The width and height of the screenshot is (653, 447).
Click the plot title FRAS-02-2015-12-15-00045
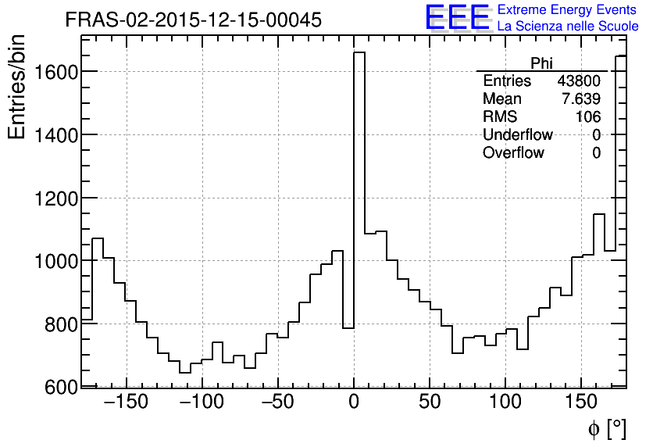pyautogui.click(x=193, y=20)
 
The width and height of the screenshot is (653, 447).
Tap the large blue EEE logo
pyautogui.click(x=457, y=17)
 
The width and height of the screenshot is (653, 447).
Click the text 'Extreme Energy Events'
pyautogui.click(x=568, y=10)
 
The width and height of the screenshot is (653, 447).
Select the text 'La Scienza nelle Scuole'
pyautogui.click(x=568, y=27)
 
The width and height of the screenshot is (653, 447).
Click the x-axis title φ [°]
pyautogui.click(x=606, y=428)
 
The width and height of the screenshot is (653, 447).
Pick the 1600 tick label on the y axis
pyautogui.click(x=54, y=72)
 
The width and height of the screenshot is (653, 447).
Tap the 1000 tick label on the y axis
pyautogui.click(x=54, y=261)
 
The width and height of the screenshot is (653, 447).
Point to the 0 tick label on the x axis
pyautogui.click(x=354, y=403)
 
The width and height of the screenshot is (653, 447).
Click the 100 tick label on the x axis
pyautogui.click(x=506, y=403)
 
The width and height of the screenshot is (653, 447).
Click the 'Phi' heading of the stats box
pyautogui.click(x=541, y=63)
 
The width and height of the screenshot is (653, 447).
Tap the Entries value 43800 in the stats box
pyautogui.click(x=579, y=81)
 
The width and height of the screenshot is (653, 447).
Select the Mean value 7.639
pyautogui.click(x=583, y=99)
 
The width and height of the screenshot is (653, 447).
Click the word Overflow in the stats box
pyautogui.click(x=513, y=153)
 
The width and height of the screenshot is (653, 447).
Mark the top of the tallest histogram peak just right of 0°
pyautogui.click(x=359, y=53)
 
